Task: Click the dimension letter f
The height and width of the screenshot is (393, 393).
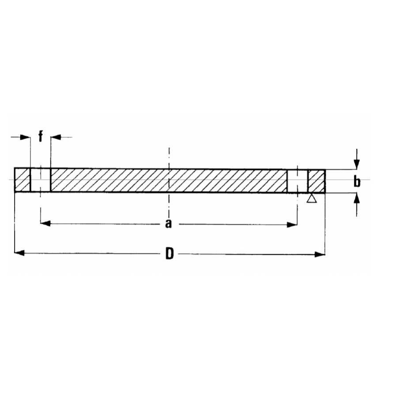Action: [x=41, y=136]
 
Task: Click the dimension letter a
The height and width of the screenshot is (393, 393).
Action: [x=168, y=224]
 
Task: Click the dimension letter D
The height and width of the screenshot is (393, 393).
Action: [x=170, y=254]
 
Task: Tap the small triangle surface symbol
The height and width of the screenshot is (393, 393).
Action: [x=311, y=199]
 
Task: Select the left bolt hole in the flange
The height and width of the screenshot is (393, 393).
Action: [x=40, y=180]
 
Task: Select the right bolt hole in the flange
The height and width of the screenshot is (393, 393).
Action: [x=297, y=180]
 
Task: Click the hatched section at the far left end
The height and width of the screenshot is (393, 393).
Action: [x=22, y=180]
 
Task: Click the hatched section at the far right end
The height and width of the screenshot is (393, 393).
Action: [x=317, y=180]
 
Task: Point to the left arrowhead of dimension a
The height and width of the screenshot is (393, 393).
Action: [x=45, y=224]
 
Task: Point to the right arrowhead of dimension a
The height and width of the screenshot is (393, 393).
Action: [x=292, y=224]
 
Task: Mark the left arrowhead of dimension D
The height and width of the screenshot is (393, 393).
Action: [x=19, y=253]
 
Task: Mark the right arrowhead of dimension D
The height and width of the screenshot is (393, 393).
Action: [x=321, y=254]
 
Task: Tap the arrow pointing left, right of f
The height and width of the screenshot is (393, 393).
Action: [x=56, y=137]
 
